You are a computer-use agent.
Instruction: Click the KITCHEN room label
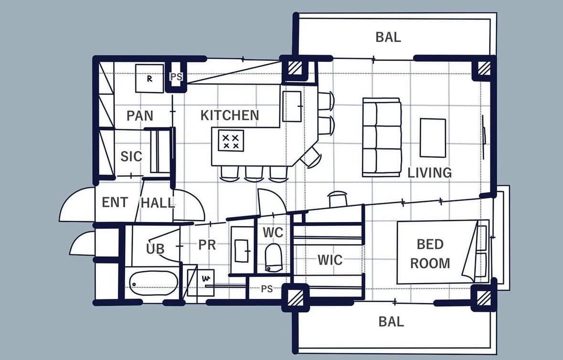pos(230,115)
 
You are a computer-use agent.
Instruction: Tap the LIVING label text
pos(429,173)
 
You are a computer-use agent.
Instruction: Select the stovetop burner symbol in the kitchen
pos(231,141)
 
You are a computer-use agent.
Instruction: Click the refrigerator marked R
pos(149,78)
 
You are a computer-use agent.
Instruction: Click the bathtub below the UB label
pos(154,283)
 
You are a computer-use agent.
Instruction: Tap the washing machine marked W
pos(201,283)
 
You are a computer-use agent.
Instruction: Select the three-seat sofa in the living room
pos(382,137)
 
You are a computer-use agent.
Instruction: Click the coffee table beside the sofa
pos(433,138)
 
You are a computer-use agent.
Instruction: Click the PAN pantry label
pos(140,116)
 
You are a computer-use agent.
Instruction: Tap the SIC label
pos(131,157)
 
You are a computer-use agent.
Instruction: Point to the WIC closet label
pos(330,260)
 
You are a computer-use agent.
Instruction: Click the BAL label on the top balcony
pos(388,37)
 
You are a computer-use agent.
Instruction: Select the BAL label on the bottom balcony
pos(391,322)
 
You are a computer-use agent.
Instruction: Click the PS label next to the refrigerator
pos(176,77)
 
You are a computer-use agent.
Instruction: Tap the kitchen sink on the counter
pos(292,106)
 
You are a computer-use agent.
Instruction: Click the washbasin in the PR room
pos(242,251)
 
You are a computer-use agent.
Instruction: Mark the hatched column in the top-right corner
pos(484,68)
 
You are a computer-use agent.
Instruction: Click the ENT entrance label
pos(115,202)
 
